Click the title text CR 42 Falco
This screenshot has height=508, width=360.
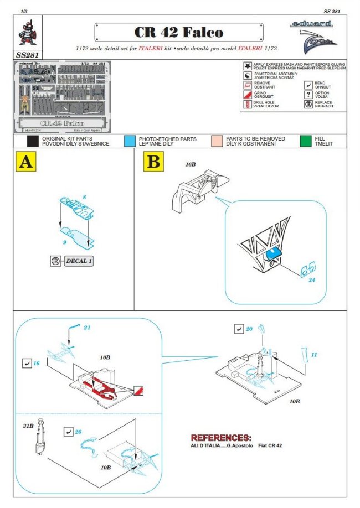[x=178, y=33]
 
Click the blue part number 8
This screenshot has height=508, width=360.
[x=85, y=197]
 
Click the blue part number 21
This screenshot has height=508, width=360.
[x=86, y=328]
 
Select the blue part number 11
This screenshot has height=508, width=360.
[x=314, y=354]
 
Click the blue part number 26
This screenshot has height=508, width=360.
[x=78, y=431]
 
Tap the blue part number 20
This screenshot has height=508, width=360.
[x=249, y=329]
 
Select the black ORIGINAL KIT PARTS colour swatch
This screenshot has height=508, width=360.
[x=33, y=141]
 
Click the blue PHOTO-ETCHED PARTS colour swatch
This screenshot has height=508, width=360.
[x=130, y=141]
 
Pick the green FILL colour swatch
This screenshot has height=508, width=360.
[x=306, y=141]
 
